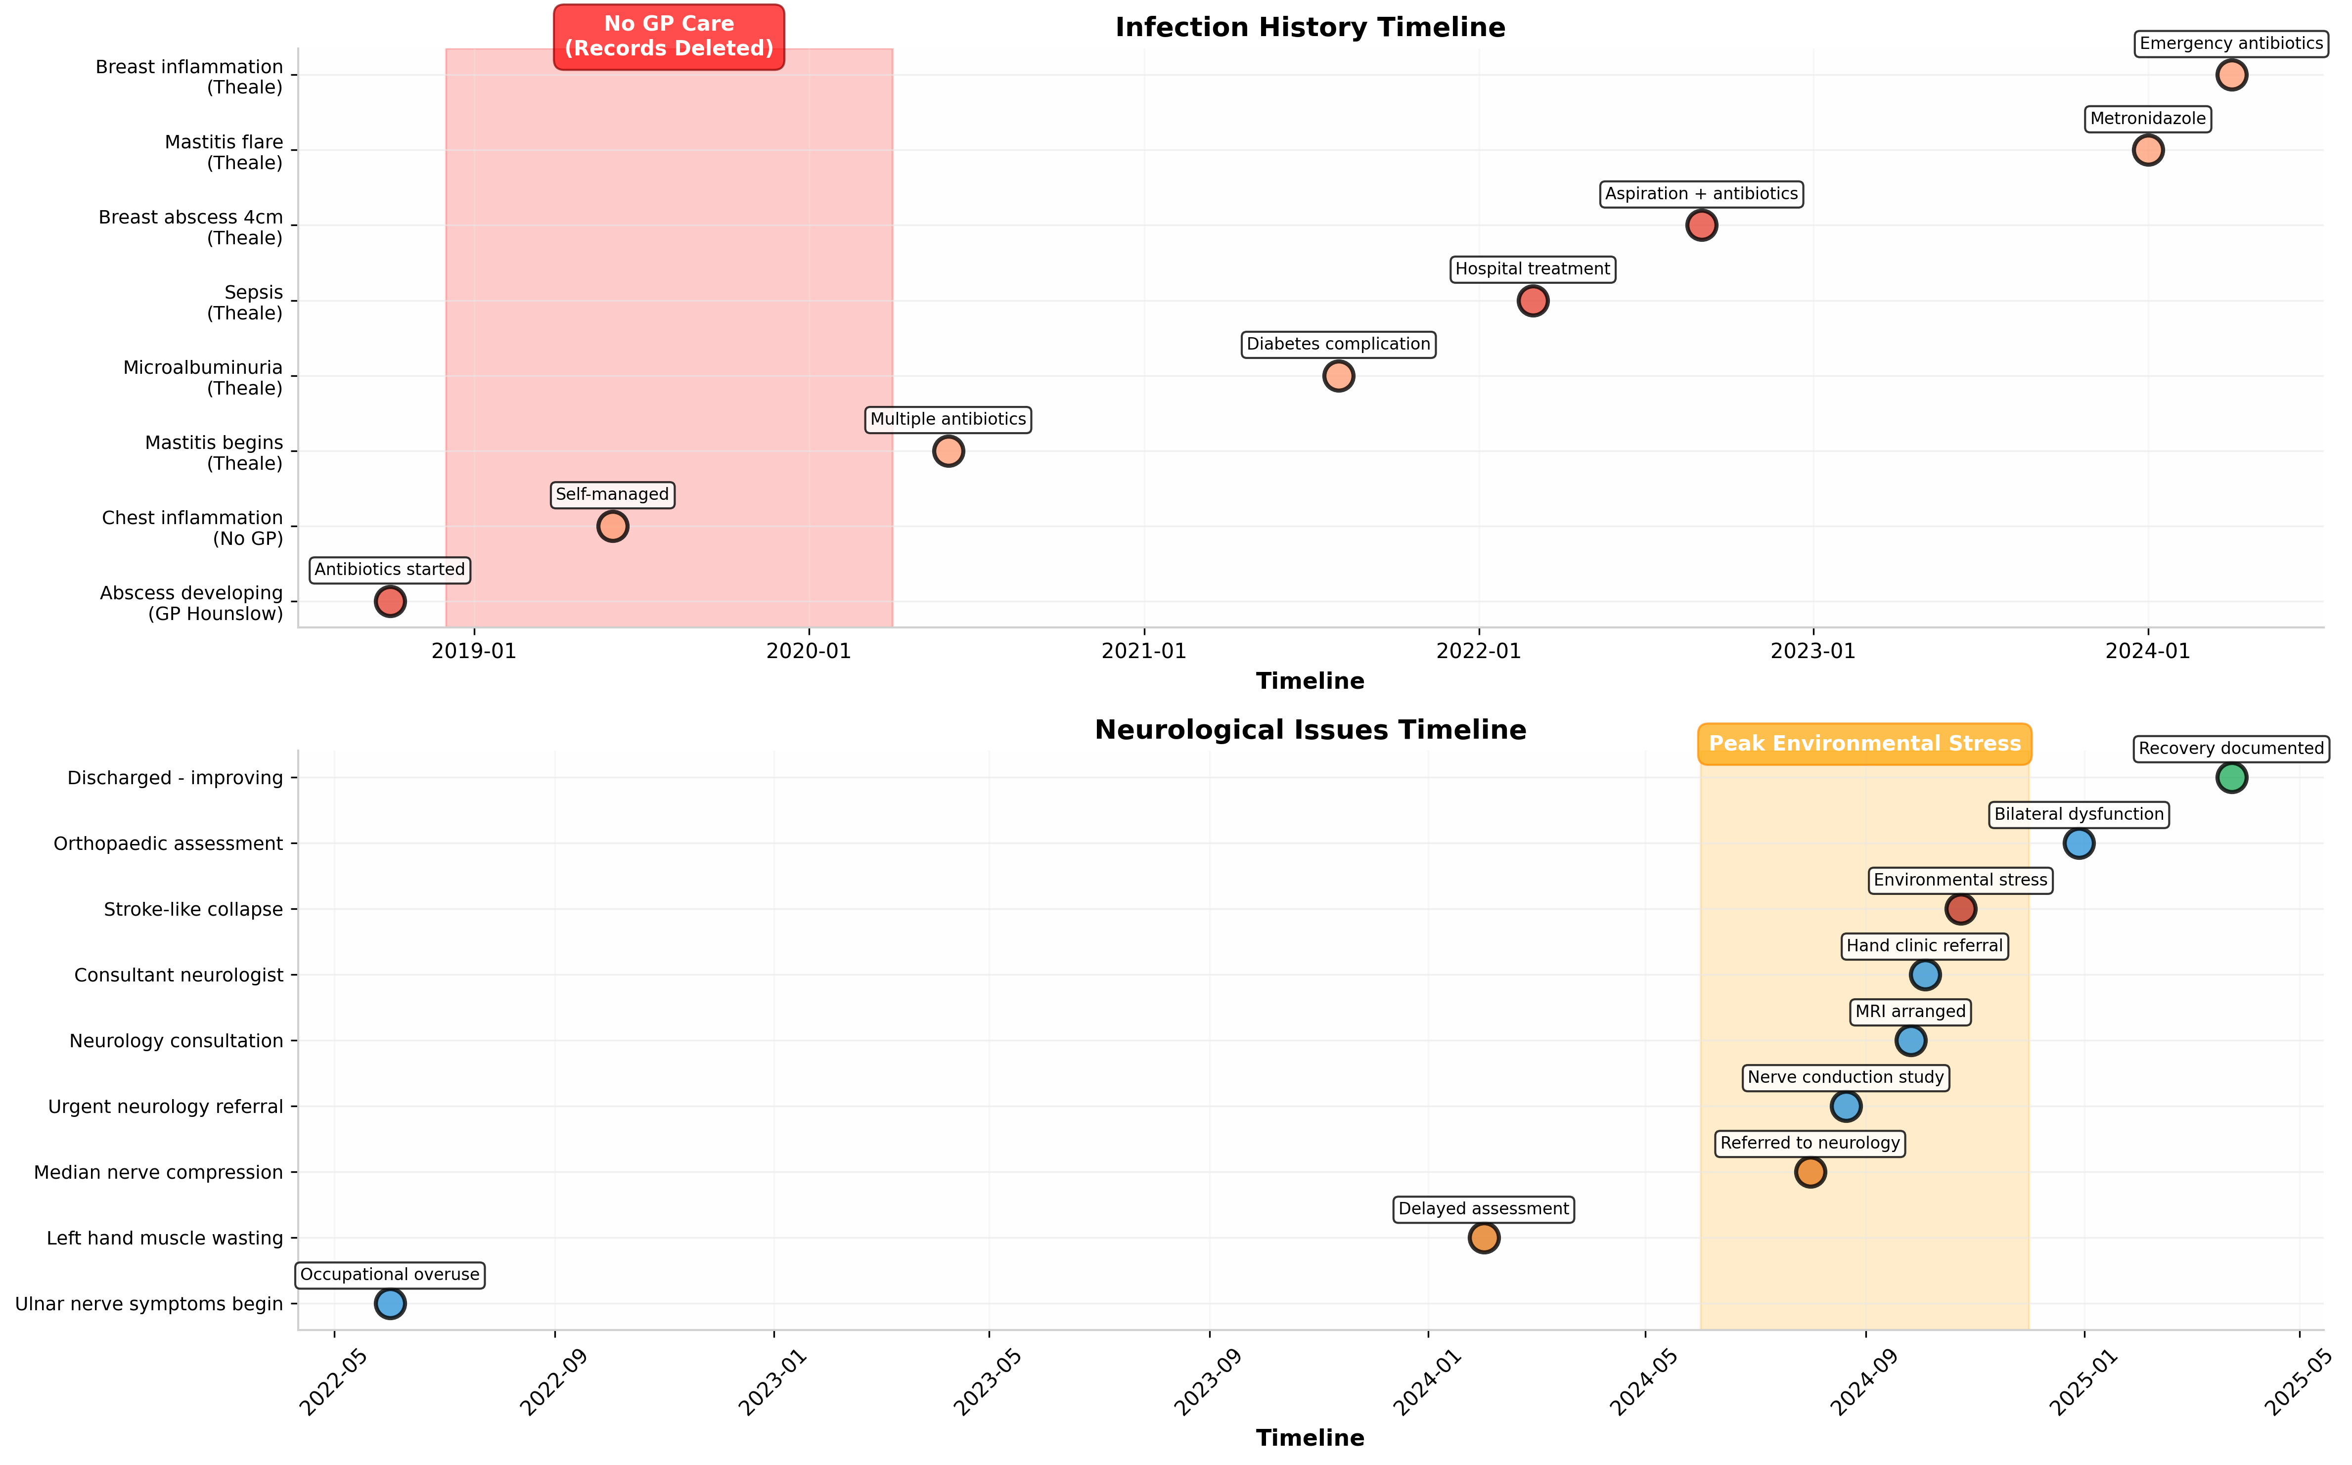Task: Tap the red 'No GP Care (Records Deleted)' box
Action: (669, 37)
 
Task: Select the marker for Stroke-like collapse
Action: (1959, 909)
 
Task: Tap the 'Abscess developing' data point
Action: (390, 602)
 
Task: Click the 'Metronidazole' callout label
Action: (2148, 119)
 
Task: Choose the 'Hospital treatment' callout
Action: (1532, 269)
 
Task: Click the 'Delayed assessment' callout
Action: (1483, 1209)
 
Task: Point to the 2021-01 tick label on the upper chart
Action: (1143, 651)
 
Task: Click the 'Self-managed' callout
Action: (612, 494)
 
